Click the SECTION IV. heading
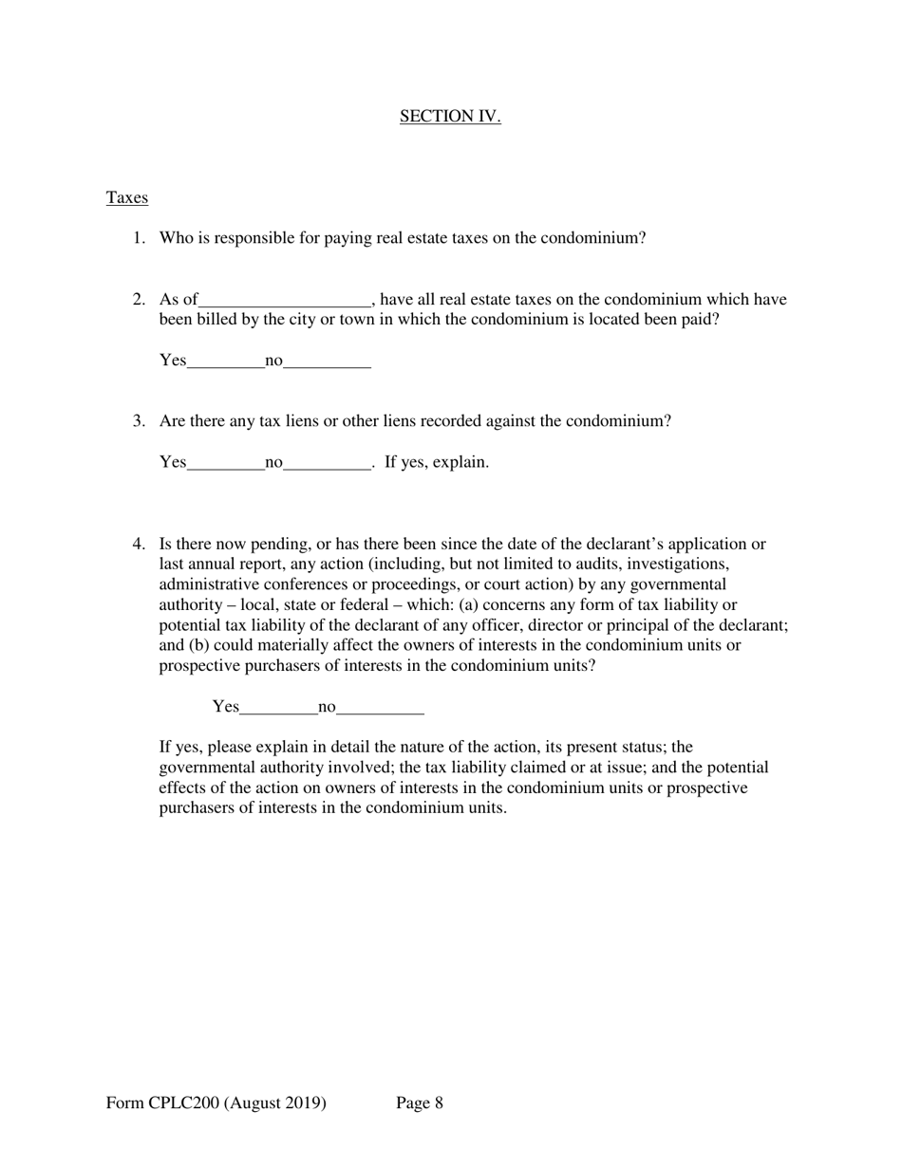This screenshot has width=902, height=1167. tap(450, 117)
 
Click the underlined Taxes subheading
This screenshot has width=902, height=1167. tap(127, 198)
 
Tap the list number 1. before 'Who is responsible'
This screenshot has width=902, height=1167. tap(139, 238)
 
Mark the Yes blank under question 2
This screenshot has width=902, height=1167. tap(226, 362)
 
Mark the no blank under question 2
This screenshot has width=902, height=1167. tap(327, 362)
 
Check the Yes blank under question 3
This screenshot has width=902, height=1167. tap(226, 464)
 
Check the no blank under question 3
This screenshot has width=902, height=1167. tap(327, 464)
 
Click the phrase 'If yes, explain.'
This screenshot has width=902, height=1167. tap(437, 463)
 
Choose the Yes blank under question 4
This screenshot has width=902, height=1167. tap(279, 708)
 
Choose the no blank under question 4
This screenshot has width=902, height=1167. tap(380, 708)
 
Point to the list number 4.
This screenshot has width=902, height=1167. tap(139, 545)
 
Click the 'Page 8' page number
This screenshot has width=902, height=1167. tap(420, 1103)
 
